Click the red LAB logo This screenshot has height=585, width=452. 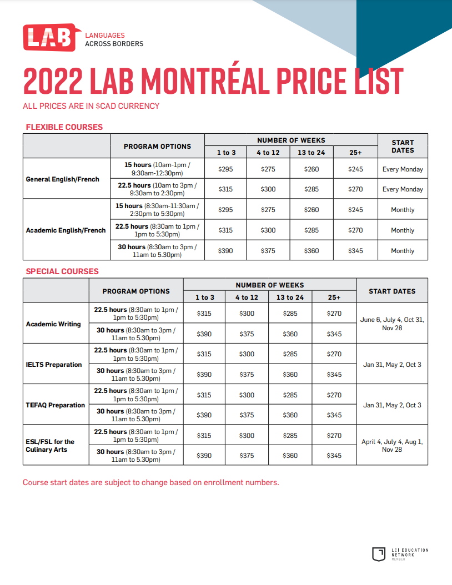pos(52,37)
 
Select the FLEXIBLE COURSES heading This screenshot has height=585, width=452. pos(64,127)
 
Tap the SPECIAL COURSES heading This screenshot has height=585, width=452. pos(62,271)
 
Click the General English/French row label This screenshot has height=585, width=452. pos(63,179)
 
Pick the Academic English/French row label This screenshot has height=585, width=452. pos(66,230)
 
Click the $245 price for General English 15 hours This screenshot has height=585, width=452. pos(355,169)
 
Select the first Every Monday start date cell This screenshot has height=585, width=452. pos(403,169)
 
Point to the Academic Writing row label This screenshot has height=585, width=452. pos(53,324)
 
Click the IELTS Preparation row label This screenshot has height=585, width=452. pos(54,365)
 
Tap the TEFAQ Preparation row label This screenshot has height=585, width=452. pos(55,405)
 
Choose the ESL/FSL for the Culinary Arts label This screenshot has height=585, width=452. pos(50,446)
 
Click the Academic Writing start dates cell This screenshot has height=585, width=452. pos(392,324)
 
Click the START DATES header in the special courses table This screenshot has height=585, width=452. pos(392,291)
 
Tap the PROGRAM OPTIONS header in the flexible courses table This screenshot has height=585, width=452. pos(157,147)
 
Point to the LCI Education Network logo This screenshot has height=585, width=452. pos(400,554)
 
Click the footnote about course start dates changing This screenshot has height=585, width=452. pos(151,482)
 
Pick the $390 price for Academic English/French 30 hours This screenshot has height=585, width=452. pos(225,251)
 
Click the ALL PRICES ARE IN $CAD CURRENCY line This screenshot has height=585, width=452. pos(91,106)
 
